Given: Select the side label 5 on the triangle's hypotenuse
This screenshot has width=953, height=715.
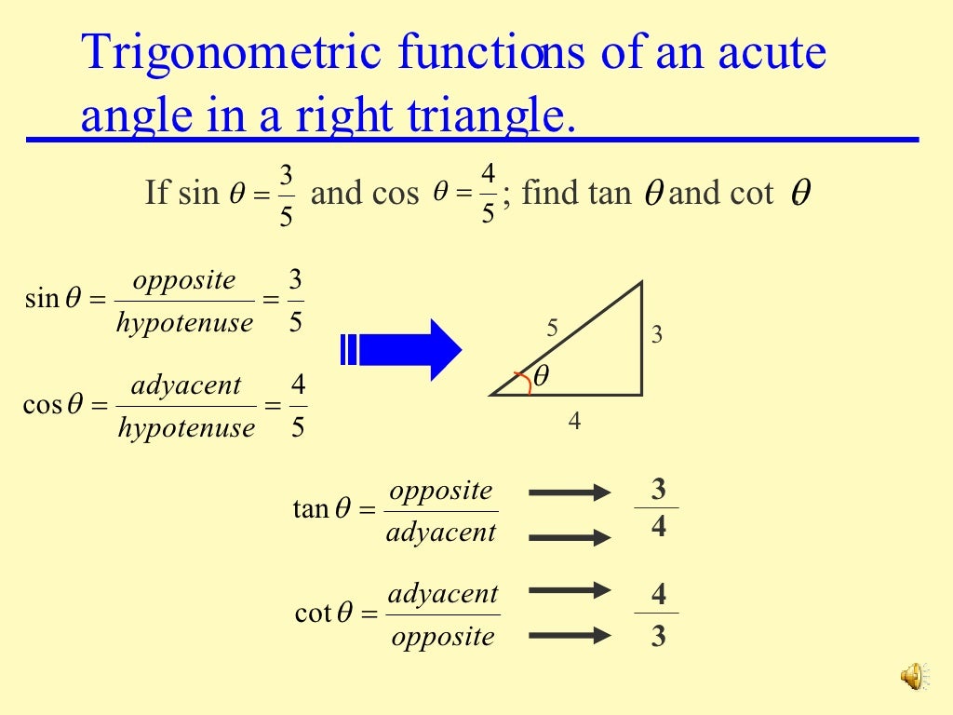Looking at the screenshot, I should coord(552,328).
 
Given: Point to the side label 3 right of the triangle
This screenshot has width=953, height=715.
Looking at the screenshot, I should coord(657,335).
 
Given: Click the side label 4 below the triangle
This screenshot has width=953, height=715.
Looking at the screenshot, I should coord(574,422).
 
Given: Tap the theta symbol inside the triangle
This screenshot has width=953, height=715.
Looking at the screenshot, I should coord(541,375).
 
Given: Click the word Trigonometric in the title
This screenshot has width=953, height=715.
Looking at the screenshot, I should coord(232,53).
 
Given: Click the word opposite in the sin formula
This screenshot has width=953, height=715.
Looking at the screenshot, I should coord(184,280).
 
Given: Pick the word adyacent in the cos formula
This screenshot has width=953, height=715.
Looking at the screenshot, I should coord(186,385).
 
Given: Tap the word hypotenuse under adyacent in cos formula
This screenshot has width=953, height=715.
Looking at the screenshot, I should coord(186,427).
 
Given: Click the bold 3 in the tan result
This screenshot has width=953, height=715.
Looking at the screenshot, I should coord(659,490).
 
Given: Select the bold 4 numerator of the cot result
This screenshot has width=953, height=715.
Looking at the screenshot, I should coord(659,595).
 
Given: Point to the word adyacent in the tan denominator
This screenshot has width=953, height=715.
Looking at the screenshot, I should coord(441,533).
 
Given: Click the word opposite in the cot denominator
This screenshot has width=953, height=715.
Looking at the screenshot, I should coord(442,637).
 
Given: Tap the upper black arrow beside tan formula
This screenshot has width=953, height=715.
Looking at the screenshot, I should coord(570,492).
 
